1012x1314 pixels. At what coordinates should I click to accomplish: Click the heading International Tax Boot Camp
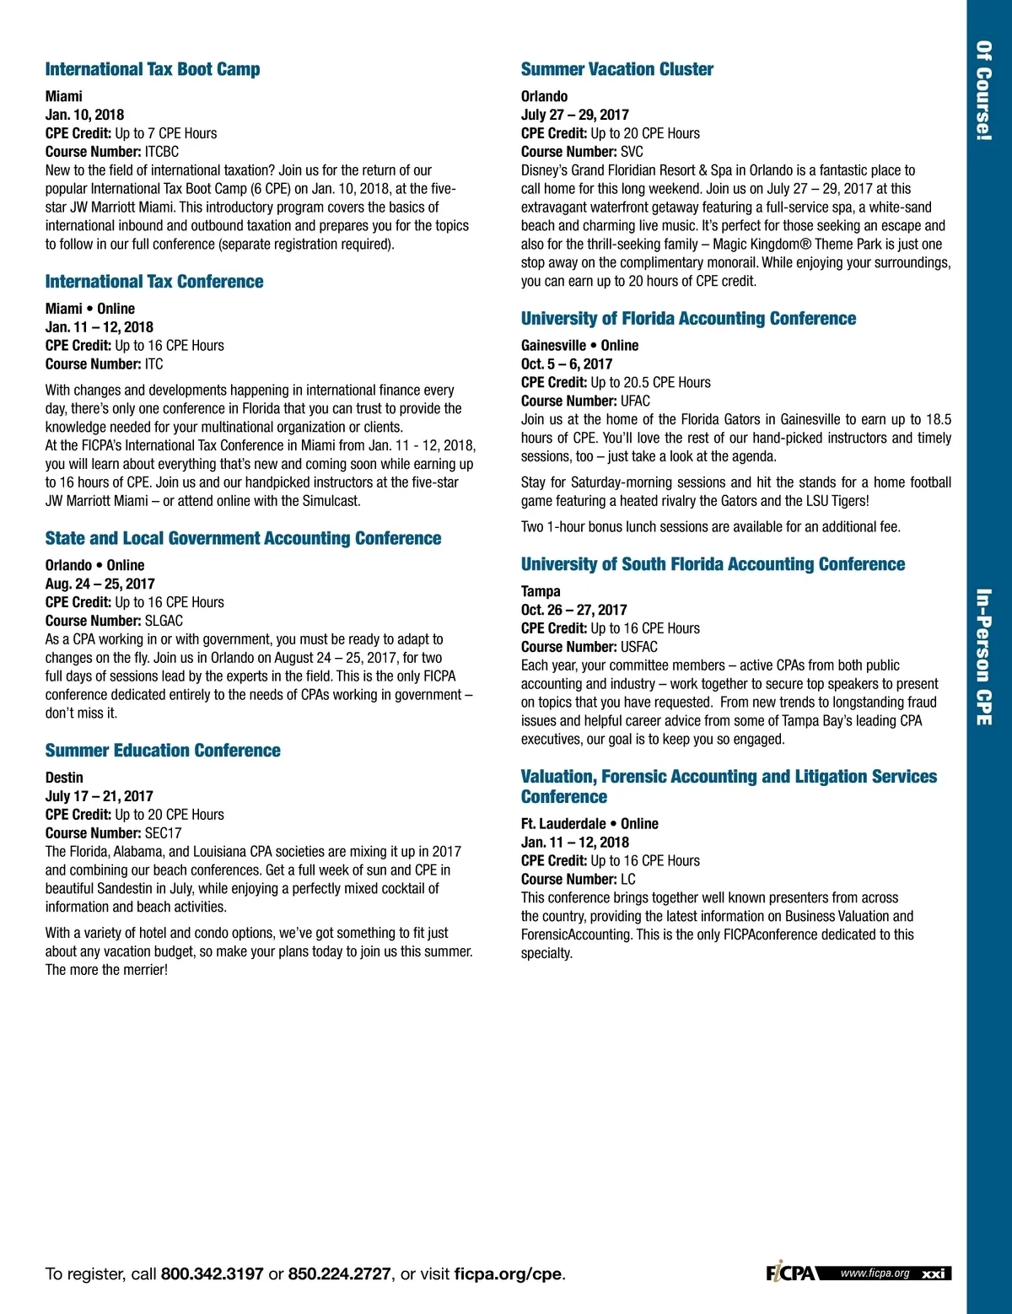[153, 69]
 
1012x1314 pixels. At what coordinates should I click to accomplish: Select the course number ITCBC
[162, 152]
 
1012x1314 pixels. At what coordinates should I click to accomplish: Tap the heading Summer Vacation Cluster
[616, 69]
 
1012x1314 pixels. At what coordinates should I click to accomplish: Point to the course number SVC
[632, 152]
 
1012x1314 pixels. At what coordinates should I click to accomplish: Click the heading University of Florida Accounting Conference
[688, 319]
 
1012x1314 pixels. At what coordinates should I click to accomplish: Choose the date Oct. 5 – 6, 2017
[567, 364]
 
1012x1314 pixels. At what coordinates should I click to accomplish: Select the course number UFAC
[635, 401]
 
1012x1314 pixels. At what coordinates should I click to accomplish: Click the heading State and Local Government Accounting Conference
[243, 538]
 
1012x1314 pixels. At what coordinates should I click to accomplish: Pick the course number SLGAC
[164, 621]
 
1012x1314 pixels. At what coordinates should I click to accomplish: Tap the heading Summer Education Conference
[163, 751]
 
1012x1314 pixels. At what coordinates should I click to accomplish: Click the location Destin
[64, 778]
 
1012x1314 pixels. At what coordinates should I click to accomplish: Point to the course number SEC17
[164, 833]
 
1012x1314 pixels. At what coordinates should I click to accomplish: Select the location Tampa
[541, 591]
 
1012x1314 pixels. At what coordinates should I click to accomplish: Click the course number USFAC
[638, 647]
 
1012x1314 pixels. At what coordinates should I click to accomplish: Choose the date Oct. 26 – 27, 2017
[574, 610]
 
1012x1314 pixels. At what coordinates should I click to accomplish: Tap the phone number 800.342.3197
[212, 1274]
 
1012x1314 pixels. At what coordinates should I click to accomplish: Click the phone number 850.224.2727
[339, 1274]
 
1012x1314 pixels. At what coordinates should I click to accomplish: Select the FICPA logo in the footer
[790, 1274]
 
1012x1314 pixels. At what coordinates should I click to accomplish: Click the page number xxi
[933, 1274]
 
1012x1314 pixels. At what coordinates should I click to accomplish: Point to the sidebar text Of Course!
[983, 90]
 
